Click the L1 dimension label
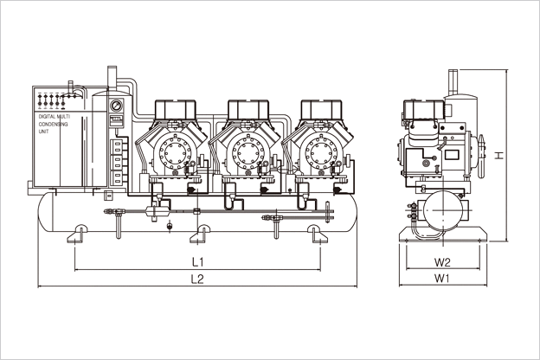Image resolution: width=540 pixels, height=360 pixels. (x=197, y=262)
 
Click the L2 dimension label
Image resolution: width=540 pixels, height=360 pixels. (x=197, y=279)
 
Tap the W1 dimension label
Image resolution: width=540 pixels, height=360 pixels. (x=442, y=279)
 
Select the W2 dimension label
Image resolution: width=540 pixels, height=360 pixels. (x=442, y=262)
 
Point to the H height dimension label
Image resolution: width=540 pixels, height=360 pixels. (x=499, y=155)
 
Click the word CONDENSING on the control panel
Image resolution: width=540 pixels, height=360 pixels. (x=53, y=124)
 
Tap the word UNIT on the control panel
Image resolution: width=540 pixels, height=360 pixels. (x=43, y=132)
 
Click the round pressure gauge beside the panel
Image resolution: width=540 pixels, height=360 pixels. (x=116, y=105)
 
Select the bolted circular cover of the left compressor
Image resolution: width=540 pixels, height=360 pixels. (x=175, y=153)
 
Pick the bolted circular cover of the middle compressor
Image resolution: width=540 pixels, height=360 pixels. (x=247, y=153)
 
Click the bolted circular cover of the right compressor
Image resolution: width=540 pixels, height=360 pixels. (x=320, y=153)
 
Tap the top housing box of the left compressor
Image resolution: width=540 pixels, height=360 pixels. (x=176, y=110)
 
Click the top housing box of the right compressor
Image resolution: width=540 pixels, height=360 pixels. (x=321, y=110)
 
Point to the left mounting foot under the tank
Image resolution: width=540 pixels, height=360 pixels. (x=78, y=235)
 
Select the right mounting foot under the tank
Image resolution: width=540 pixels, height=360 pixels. (x=318, y=235)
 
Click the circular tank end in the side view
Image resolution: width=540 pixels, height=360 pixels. (x=442, y=210)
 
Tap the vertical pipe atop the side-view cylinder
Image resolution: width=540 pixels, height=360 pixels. (x=453, y=82)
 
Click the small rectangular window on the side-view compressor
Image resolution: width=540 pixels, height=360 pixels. (x=452, y=154)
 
